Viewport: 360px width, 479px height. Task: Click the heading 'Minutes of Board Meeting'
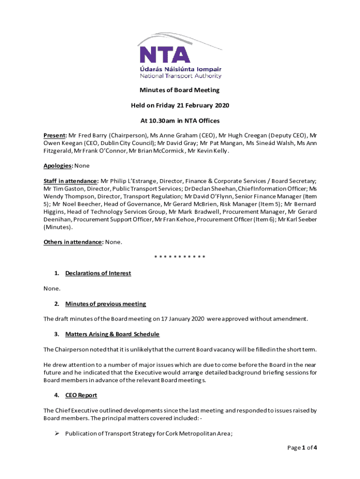click(180, 90)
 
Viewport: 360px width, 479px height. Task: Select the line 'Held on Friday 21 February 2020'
click(180, 105)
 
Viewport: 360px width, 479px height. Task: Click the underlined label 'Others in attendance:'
click(73, 242)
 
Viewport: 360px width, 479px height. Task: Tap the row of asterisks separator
click(180, 257)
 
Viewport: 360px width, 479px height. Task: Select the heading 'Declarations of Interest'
click(98, 273)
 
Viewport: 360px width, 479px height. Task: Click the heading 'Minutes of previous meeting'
click(106, 304)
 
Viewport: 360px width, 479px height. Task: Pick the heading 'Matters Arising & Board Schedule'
click(112, 334)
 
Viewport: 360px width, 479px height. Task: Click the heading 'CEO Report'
click(81, 395)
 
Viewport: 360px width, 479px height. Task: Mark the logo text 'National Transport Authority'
click(181, 76)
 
